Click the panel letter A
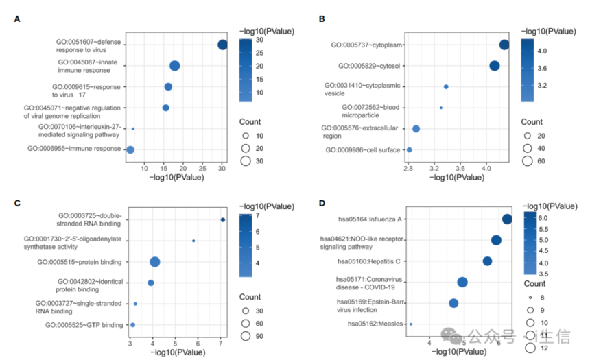pyautogui.click(x=17, y=19)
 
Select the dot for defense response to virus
pyautogui.click(x=222, y=45)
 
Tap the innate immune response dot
pyautogui.click(x=175, y=66)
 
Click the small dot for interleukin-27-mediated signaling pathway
pyautogui.click(x=133, y=129)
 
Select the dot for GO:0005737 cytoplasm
pyautogui.click(x=504, y=45)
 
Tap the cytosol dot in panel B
pyautogui.click(x=495, y=66)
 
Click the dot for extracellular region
pyautogui.click(x=416, y=129)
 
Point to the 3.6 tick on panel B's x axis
pyautogui.click(x=460, y=167)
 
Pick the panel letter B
pyautogui.click(x=322, y=19)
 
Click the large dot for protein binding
pyautogui.click(x=155, y=262)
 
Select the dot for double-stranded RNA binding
pyautogui.click(x=223, y=220)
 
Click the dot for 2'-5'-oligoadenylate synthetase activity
pyautogui.click(x=193, y=241)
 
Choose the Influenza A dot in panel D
pyautogui.click(x=507, y=219)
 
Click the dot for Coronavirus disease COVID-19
pyautogui.click(x=462, y=282)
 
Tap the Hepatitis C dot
pyautogui.click(x=487, y=261)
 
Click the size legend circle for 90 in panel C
pyautogui.click(x=245, y=335)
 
